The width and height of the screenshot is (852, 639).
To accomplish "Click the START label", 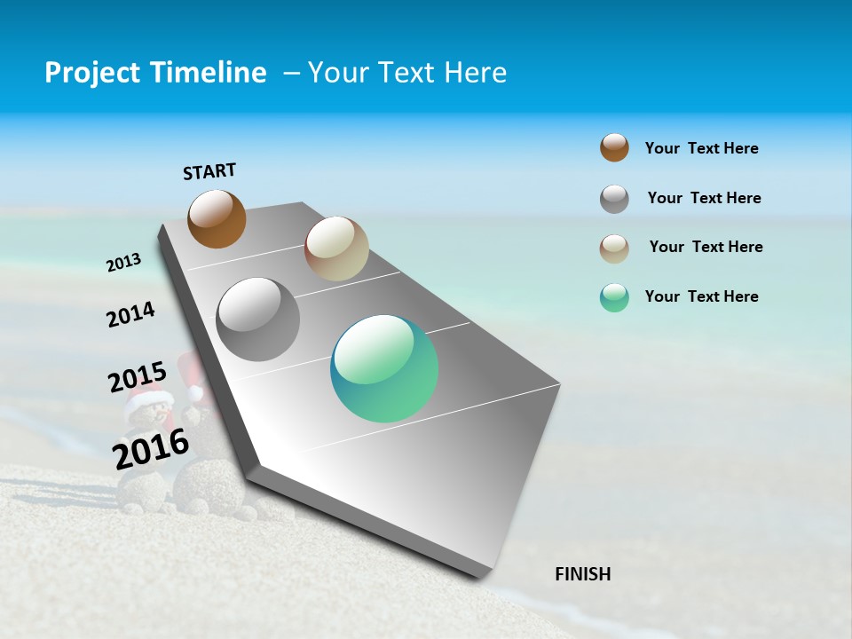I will [209, 171].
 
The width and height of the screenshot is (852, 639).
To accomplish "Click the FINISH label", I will [583, 574].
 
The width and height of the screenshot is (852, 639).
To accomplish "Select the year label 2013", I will [123, 263].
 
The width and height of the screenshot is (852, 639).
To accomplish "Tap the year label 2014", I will [130, 315].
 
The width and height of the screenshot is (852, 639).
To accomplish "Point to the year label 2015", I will [137, 377].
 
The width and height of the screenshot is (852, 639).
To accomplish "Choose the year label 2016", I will [151, 449].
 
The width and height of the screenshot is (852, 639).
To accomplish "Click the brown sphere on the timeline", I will [217, 219].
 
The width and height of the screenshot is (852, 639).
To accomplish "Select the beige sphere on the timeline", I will [336, 248].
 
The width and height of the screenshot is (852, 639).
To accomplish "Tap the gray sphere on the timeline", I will [258, 319].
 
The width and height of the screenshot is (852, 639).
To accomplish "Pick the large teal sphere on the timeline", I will [384, 368].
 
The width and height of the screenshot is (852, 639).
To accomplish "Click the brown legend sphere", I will [614, 147].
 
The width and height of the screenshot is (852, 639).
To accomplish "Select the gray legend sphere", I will [614, 199].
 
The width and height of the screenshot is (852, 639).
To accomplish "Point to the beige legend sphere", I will [614, 248].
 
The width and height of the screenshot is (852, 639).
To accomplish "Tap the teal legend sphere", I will [614, 297].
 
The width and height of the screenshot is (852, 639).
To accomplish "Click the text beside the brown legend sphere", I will [701, 149].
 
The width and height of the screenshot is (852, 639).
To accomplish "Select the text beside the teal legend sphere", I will [701, 296].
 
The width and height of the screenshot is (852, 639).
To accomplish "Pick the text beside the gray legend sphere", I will [704, 198].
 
